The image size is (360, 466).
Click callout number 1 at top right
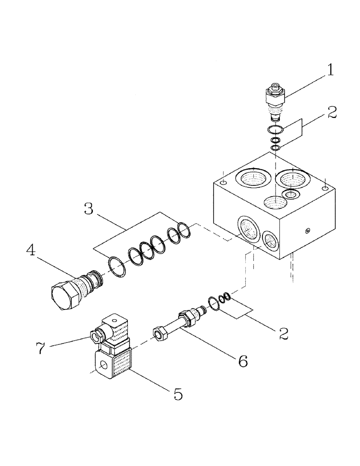click(x=330, y=70)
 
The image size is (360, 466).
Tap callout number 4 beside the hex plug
click(x=31, y=252)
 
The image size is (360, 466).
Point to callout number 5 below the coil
click(x=178, y=394)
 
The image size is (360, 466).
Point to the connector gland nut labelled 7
click(x=97, y=335)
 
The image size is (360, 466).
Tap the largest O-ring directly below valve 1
click(x=276, y=130)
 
